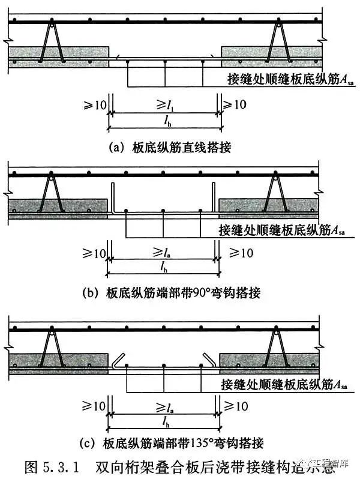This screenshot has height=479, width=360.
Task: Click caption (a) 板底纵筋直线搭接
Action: coord(170,144)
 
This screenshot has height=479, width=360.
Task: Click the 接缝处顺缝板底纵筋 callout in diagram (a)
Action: coord(281,80)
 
